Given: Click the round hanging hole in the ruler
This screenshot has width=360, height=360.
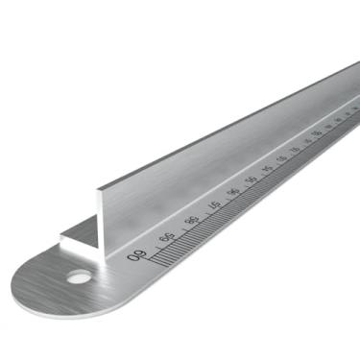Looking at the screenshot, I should [79, 276].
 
